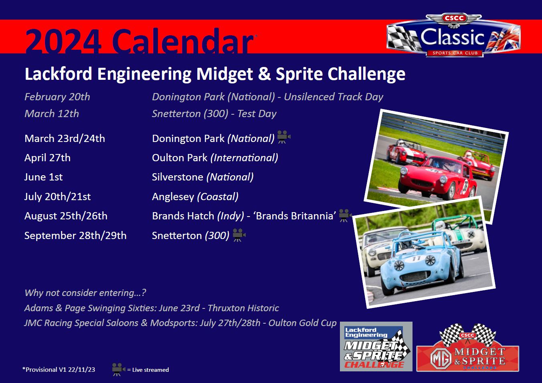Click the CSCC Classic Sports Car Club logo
(x=453, y=36)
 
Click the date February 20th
(x=57, y=97)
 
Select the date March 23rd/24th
(x=65, y=139)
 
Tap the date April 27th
(x=47, y=158)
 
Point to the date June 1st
(x=43, y=177)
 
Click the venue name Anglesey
(x=173, y=197)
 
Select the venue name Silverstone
(x=177, y=177)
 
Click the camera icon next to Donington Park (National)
(x=284, y=137)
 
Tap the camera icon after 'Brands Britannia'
(x=345, y=215)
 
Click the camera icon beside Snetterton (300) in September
(x=239, y=235)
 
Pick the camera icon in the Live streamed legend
(x=118, y=369)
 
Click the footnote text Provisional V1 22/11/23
(x=59, y=370)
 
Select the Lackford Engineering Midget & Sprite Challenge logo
(x=376, y=347)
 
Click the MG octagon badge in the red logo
(x=441, y=358)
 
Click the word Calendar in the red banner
(x=182, y=41)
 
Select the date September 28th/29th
(x=75, y=236)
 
